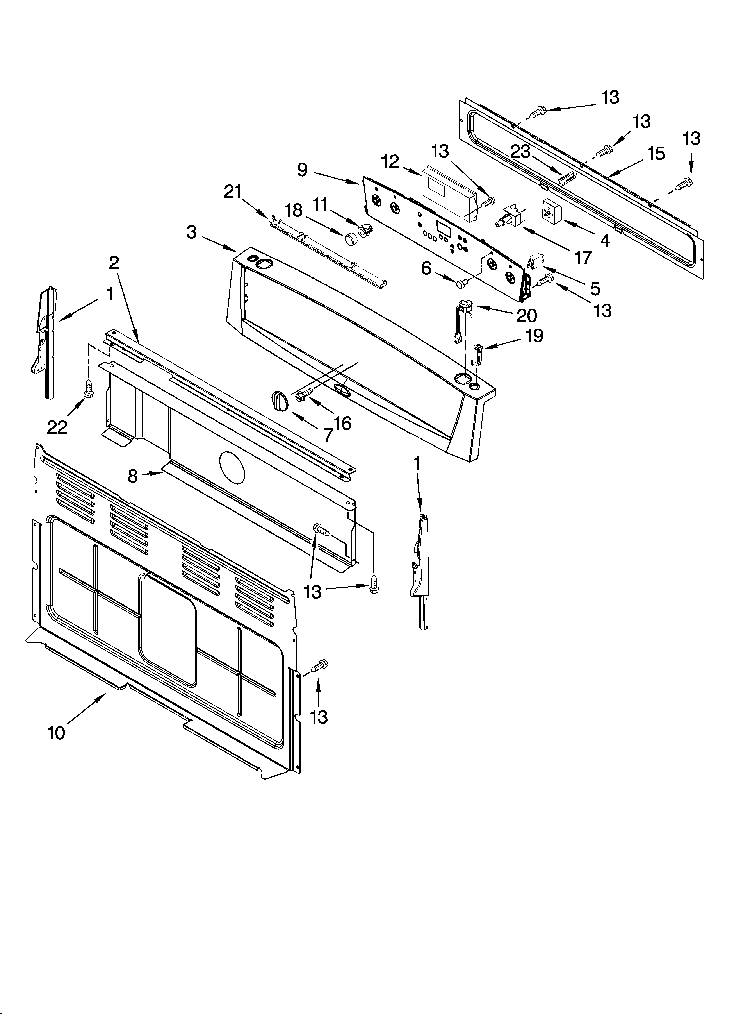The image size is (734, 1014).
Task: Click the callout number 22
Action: pos(57,427)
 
